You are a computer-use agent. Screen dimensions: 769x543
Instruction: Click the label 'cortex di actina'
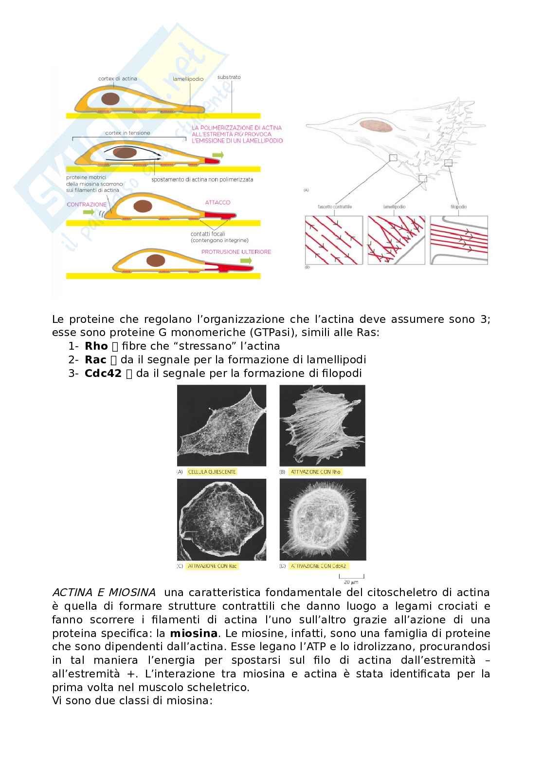(x=117, y=78)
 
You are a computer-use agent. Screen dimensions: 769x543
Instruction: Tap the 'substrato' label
(x=229, y=77)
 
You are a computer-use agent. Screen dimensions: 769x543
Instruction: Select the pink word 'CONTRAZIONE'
(x=87, y=205)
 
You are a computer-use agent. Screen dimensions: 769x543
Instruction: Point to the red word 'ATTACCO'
(x=217, y=202)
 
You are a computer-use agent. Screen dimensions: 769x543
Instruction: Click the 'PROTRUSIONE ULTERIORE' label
(x=236, y=252)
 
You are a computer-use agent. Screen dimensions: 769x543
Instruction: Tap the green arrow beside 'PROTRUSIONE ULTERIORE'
(x=246, y=261)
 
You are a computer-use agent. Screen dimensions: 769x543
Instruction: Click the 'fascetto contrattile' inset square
(x=334, y=241)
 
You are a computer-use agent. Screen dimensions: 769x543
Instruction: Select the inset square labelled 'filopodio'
(x=459, y=241)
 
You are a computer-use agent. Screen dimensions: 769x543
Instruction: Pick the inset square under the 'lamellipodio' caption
(x=396, y=241)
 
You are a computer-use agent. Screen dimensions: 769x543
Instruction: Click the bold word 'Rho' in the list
(x=96, y=346)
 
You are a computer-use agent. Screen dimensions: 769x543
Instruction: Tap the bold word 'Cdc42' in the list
(x=103, y=374)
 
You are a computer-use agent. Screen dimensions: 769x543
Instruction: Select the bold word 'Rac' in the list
(x=95, y=360)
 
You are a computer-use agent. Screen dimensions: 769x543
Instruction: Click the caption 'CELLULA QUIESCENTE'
(x=212, y=472)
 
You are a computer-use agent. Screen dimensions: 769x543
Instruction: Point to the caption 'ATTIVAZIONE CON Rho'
(x=316, y=472)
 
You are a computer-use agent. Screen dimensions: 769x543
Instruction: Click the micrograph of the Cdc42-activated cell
(x=323, y=519)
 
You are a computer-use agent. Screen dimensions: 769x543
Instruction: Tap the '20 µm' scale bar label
(x=351, y=582)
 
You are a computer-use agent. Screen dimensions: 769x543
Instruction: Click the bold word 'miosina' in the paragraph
(x=193, y=634)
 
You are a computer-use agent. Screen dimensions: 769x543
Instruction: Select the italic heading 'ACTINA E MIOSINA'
(x=104, y=593)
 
